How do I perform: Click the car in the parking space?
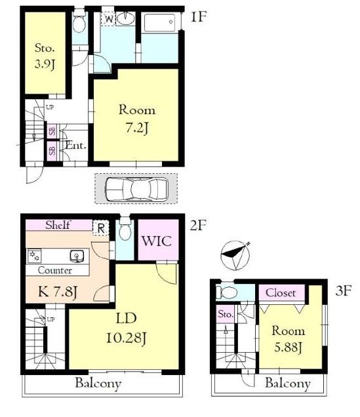[x=136, y=188]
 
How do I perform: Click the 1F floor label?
[x=198, y=17]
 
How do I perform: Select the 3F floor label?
[x=344, y=290]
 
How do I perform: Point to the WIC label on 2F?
[x=156, y=241]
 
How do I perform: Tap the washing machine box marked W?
[x=108, y=19]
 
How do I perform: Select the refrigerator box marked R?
[x=100, y=228]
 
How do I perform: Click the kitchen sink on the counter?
[x=77, y=256]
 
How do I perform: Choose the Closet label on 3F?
[x=281, y=293]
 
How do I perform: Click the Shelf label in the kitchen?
[x=58, y=225]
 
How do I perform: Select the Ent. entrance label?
[x=76, y=146]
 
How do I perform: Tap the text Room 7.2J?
[x=136, y=119]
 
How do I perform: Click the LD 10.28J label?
[x=127, y=328]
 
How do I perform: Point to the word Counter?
[x=55, y=271]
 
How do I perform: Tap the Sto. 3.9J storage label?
[x=45, y=56]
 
